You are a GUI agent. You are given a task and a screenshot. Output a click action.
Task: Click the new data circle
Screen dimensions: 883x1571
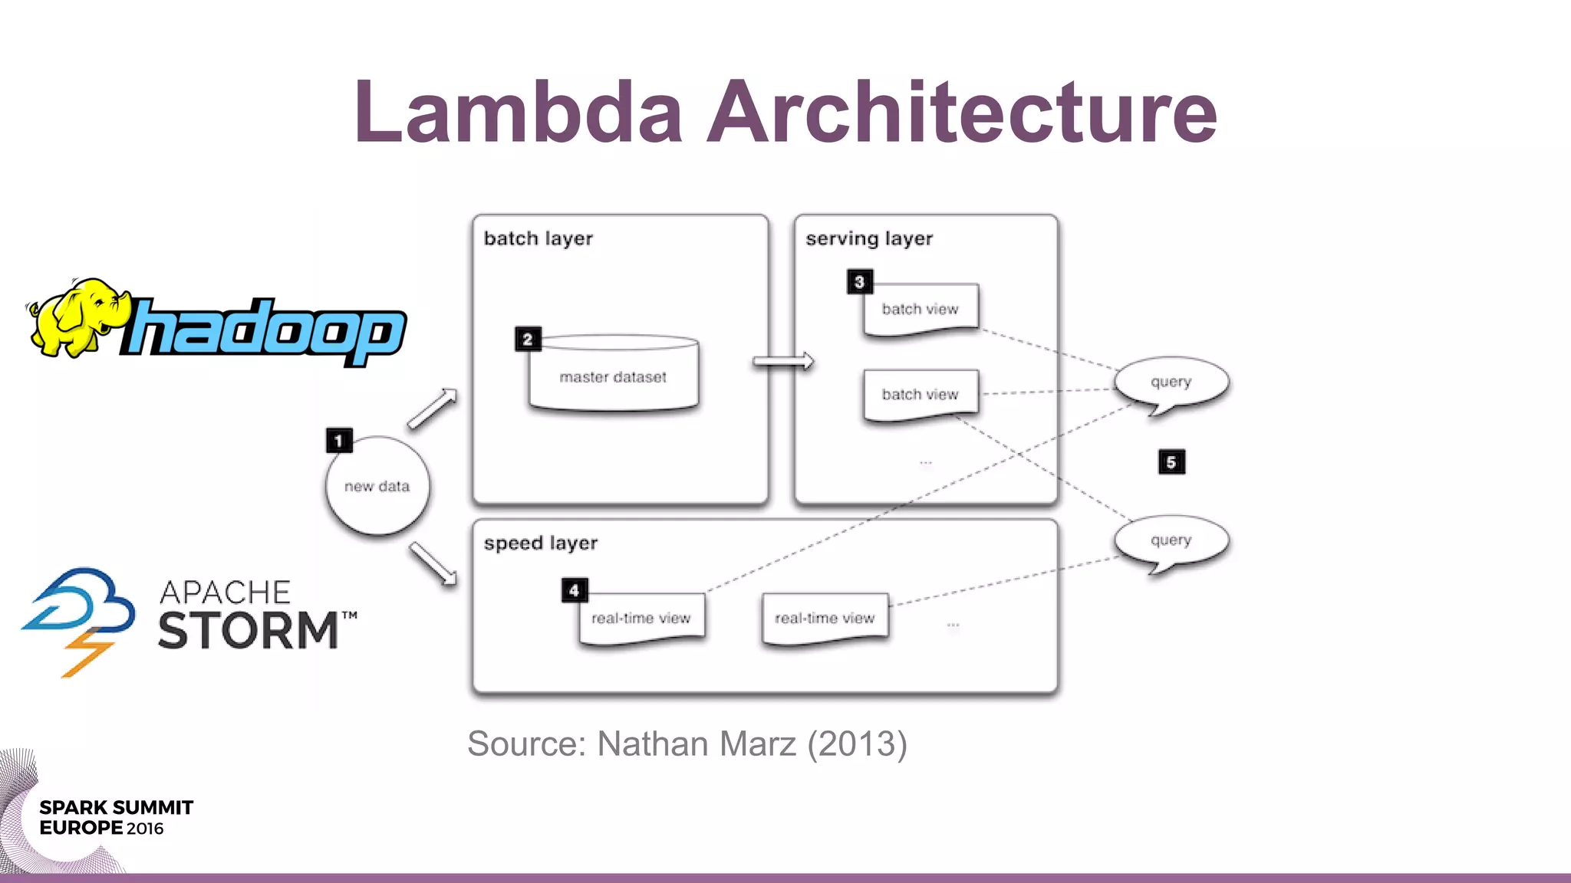pos(377,487)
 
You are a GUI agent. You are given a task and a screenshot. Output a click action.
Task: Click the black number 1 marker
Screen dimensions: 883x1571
pos(339,441)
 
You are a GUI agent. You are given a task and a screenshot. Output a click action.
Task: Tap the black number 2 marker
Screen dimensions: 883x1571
pos(528,340)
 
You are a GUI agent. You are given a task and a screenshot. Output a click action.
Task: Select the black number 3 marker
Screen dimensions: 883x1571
pos(859,282)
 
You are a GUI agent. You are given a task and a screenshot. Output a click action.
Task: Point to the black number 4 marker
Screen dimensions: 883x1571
pos(575,590)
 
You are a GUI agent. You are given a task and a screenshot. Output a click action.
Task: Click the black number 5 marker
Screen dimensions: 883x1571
pos(1171,462)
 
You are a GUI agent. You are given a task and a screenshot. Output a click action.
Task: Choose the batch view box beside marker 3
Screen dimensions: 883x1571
pos(921,310)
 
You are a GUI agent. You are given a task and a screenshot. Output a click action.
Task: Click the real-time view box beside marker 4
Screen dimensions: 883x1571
pos(641,619)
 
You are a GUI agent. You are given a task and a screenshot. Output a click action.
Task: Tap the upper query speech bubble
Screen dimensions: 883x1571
pos(1171,382)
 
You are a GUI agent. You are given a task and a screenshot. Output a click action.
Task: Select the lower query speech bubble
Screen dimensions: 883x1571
pos(1171,540)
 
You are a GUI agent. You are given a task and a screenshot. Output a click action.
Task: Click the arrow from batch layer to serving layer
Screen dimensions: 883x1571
pos(782,362)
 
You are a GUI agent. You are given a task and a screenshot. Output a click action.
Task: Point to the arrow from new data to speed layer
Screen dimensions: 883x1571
pos(433,563)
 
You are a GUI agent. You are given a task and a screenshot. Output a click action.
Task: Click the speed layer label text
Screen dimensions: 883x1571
pos(540,543)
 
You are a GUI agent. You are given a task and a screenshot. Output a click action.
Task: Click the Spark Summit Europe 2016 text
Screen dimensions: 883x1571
pos(115,818)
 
